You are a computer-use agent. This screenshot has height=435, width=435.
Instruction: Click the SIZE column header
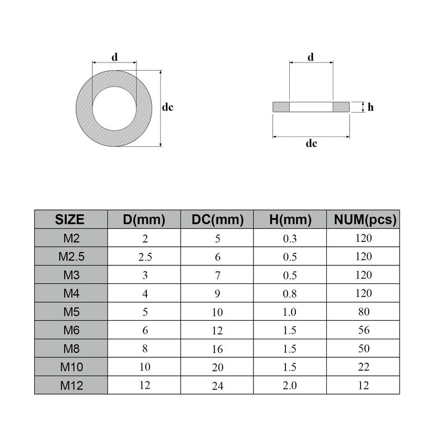pos(71,220)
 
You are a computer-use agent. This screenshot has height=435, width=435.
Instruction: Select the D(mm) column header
pos(144,220)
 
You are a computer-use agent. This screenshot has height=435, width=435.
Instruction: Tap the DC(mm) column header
pos(217,220)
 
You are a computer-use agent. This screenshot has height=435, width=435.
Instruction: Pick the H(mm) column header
pos(290,220)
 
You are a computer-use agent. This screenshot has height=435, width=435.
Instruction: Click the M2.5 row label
pos(71,257)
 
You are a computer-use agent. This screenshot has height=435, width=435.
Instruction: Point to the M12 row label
pos(71,386)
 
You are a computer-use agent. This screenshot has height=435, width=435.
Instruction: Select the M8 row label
pos(71,349)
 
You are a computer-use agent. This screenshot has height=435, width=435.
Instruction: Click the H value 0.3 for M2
pos(290,238)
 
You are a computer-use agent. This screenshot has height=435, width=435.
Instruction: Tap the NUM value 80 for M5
pos(364,312)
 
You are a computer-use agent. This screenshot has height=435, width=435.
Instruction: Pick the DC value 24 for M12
pos(217,386)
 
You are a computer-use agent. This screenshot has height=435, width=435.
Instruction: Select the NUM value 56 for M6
pos(364,331)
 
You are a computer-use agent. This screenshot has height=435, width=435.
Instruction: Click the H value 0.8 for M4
pos(290,294)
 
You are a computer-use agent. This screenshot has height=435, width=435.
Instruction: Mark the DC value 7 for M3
pos(217,275)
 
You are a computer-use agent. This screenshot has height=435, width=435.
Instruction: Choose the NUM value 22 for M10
pos(364,367)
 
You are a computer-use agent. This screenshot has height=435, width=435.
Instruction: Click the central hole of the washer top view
pos(115,108)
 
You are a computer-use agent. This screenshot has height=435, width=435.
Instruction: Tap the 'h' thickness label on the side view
pos(370,108)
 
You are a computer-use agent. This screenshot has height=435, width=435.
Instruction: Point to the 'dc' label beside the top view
pos(167,108)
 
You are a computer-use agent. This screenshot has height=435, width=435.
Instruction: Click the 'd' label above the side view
pos(310,57)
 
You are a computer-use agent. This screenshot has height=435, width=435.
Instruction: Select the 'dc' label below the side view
pos(311,144)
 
